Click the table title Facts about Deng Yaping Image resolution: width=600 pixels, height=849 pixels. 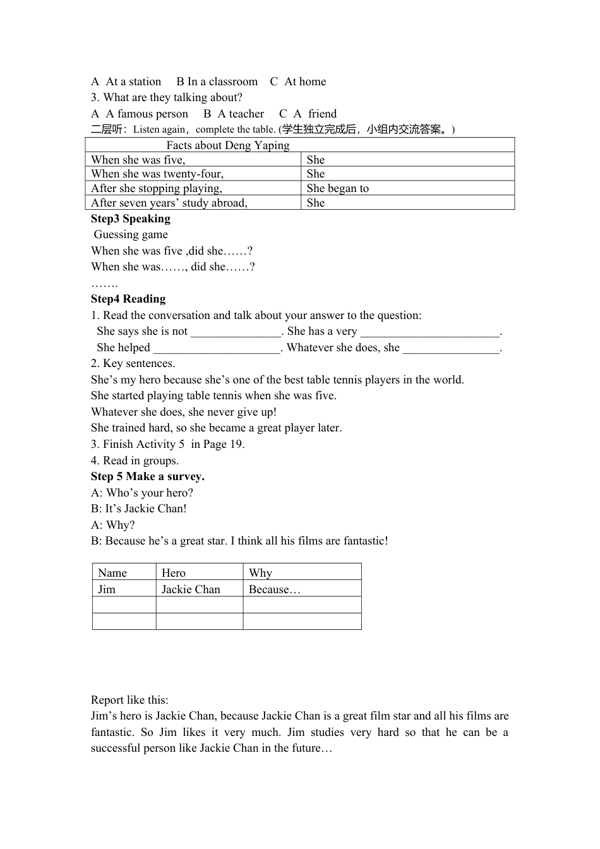pos(228,145)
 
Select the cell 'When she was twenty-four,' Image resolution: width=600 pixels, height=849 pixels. pos(157,174)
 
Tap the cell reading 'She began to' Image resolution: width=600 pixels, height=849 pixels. pos(338,188)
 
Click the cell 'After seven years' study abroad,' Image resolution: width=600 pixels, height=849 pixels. pos(169,203)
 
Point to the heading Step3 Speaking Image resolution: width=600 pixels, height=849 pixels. pos(131,219)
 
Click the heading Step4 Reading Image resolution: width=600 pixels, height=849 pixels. pos(128,299)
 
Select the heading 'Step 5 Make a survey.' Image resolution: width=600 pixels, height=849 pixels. pos(148,476)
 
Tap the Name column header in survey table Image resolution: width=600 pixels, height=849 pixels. pos(112,573)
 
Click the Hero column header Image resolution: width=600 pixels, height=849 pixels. pos(174,573)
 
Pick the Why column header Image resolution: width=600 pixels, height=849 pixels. pos(260,573)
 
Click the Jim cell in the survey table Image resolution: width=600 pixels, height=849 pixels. pos(107,589)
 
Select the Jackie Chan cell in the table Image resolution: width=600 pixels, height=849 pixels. pos(191,589)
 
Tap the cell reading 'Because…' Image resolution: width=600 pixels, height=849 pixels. pos(275,589)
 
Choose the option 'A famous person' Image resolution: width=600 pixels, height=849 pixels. pos(147,114)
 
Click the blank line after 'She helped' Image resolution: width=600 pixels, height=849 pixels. pos(217,348)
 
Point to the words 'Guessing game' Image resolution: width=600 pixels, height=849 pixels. pos(131,234)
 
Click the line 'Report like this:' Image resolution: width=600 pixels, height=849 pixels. pos(129,700)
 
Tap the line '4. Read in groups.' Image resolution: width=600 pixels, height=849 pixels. pos(135,461)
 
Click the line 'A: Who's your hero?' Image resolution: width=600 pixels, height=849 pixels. pos(142,493)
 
